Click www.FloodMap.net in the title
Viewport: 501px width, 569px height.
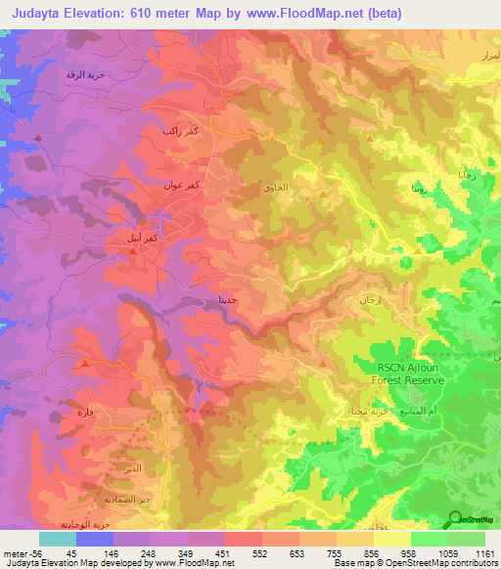tap(304, 14)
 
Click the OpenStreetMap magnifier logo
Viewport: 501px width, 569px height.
tap(455, 520)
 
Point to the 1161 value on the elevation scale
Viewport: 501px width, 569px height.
tap(485, 552)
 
